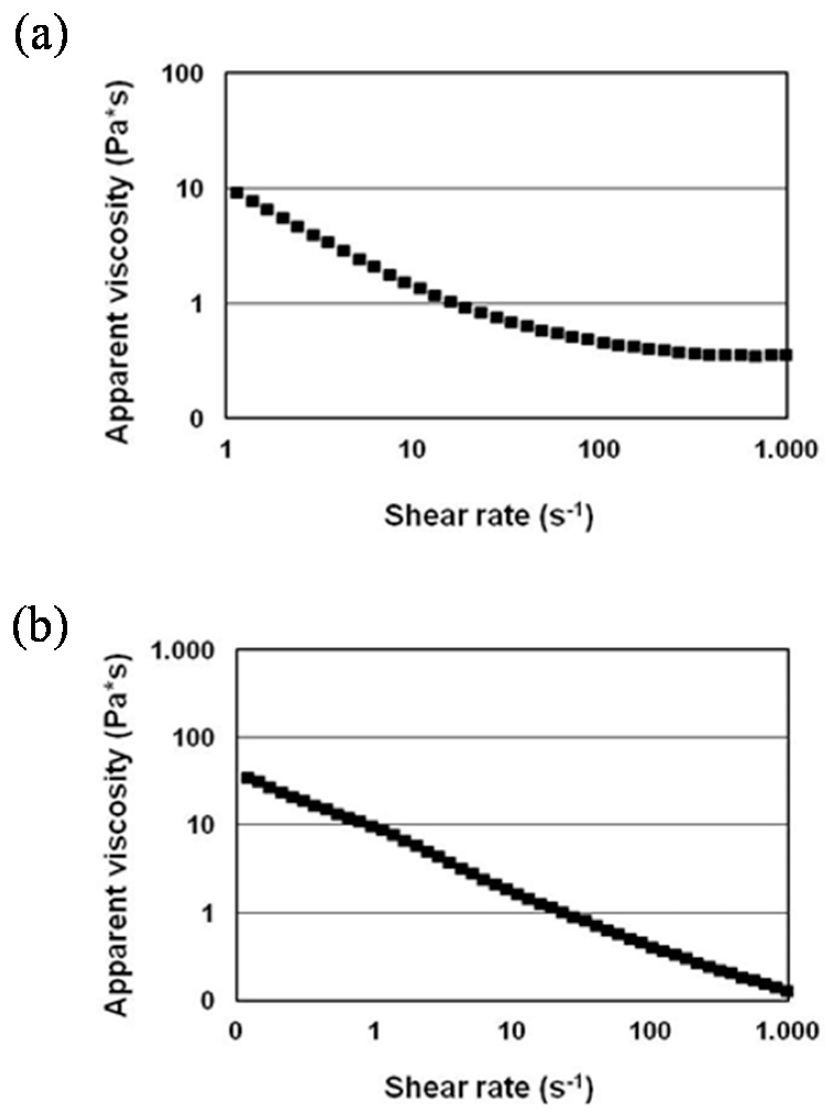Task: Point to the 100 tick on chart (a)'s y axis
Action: click(x=182, y=74)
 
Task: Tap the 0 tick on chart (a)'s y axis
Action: click(x=196, y=419)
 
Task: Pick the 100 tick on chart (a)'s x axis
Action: click(x=599, y=450)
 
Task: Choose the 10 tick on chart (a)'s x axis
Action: click(x=412, y=450)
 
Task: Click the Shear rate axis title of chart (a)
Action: click(x=489, y=516)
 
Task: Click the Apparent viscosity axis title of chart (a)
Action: click(x=119, y=263)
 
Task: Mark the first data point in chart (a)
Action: click(x=237, y=192)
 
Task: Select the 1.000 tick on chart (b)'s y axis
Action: click(x=182, y=651)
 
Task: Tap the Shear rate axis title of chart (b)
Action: click(x=489, y=1087)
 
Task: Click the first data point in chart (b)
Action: click(x=247, y=778)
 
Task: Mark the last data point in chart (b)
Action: click(x=787, y=991)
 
